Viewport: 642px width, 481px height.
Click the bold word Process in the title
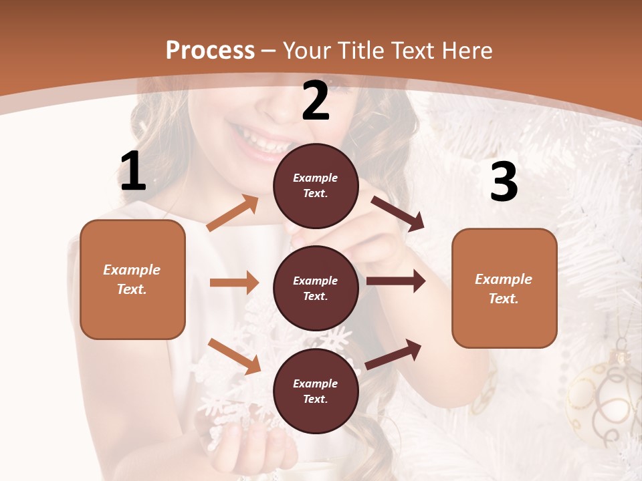click(x=210, y=50)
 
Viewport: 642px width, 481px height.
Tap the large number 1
click(x=133, y=171)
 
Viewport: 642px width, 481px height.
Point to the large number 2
click(x=316, y=101)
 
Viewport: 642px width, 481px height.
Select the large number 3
click(x=504, y=182)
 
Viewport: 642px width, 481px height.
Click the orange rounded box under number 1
click(x=132, y=279)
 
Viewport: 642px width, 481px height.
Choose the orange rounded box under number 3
click(x=504, y=289)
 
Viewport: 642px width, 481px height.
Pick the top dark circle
click(x=316, y=186)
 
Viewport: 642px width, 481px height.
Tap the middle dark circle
click(x=316, y=289)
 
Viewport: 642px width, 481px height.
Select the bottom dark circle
click(x=316, y=391)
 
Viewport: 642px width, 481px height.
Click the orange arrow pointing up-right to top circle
click(x=233, y=214)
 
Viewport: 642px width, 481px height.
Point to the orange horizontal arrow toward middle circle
click(x=234, y=283)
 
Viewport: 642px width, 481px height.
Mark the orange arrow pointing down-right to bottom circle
click(x=234, y=356)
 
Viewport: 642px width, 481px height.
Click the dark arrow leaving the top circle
click(x=397, y=213)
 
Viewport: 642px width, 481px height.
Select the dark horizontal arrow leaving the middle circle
click(x=395, y=281)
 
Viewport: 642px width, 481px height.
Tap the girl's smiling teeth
click(x=264, y=142)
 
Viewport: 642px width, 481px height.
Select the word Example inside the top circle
click(x=316, y=178)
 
